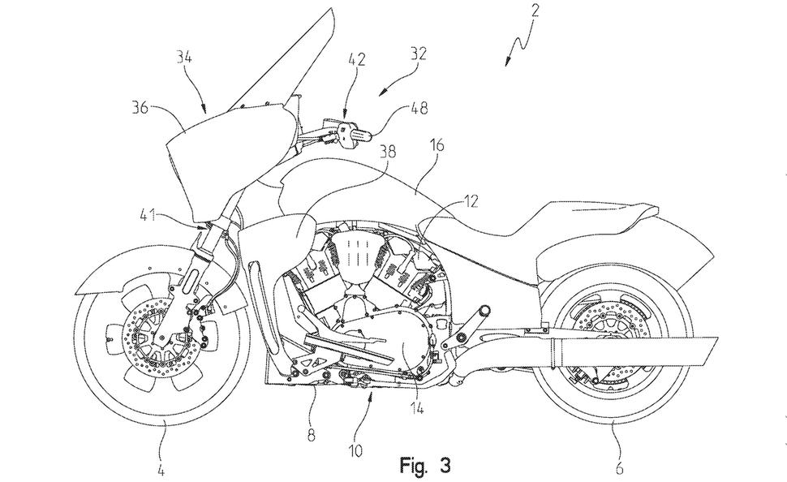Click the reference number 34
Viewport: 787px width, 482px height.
(x=183, y=57)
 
